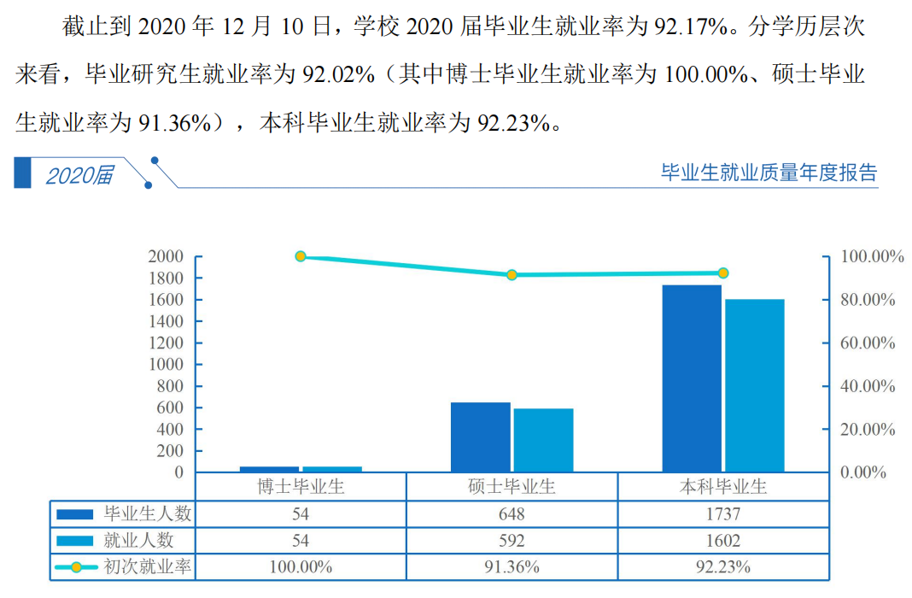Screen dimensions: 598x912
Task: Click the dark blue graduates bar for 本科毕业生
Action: click(692, 378)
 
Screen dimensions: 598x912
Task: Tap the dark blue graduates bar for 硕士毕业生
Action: click(481, 437)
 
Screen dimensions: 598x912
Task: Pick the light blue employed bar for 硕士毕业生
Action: click(543, 440)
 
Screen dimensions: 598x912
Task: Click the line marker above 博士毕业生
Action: click(301, 256)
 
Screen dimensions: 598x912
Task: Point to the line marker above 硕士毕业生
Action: click(512, 275)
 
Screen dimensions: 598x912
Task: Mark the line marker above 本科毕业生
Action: click(722, 273)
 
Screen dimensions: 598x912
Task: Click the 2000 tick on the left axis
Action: click(166, 256)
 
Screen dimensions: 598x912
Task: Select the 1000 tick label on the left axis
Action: click(166, 365)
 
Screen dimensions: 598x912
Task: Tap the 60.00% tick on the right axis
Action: click(868, 343)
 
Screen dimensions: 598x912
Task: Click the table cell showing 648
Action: click(512, 514)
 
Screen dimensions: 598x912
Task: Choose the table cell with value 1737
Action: click(722, 514)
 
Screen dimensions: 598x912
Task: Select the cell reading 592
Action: click(512, 541)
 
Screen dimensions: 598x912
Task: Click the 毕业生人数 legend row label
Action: click(148, 514)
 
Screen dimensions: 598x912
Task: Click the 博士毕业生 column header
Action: click(301, 487)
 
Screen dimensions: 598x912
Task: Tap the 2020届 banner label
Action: click(79, 175)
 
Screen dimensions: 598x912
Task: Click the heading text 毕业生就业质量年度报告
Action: click(769, 173)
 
